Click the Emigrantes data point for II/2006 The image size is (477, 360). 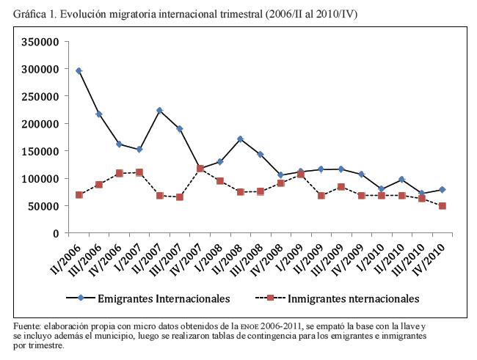point(79,70)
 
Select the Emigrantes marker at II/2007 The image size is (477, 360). point(159,111)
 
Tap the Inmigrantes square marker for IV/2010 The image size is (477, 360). point(442,206)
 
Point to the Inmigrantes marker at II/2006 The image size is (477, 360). point(79,194)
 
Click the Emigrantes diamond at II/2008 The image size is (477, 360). point(240,139)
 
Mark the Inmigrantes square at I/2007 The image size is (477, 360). point(139,172)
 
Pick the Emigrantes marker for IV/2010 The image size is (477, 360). point(442,190)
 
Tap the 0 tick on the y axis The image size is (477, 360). point(55,233)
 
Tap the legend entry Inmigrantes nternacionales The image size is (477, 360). point(352,298)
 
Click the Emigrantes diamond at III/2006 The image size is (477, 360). point(98,114)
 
